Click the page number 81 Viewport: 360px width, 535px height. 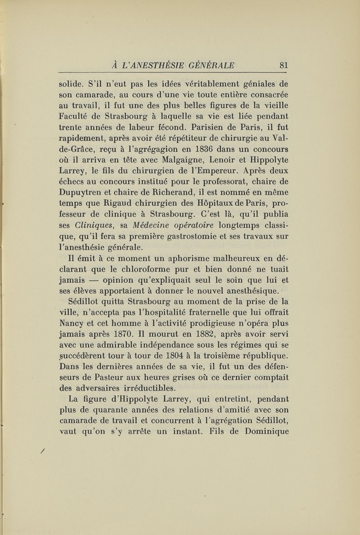[x=283, y=64]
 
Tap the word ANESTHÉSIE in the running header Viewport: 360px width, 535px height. [x=157, y=64]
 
